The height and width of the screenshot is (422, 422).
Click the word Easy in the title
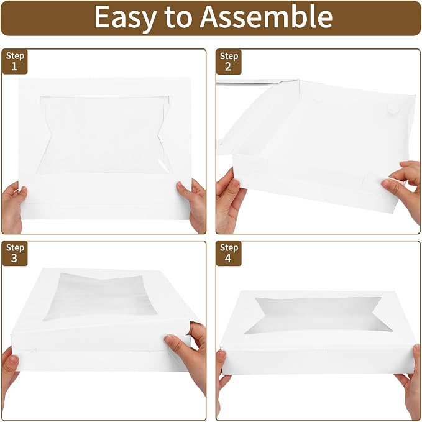[126, 18]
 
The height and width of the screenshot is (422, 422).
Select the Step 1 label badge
[15, 62]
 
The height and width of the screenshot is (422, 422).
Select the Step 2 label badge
[229, 62]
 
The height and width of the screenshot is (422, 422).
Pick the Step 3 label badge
[15, 254]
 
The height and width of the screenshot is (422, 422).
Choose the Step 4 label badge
[229, 254]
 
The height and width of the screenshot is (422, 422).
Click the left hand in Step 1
[13, 206]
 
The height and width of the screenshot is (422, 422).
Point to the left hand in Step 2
[229, 201]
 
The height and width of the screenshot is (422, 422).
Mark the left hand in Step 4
[223, 382]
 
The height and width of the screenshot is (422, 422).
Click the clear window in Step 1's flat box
[104, 135]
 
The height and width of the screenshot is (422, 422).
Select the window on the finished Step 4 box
[318, 314]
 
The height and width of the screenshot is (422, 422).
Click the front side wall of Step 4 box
[318, 360]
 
